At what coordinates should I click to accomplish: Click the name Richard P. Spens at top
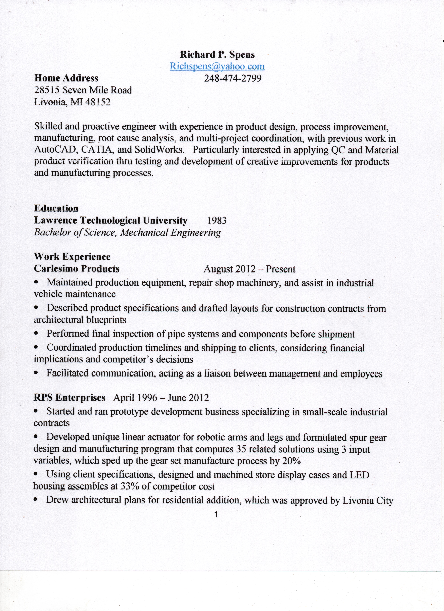click(x=217, y=55)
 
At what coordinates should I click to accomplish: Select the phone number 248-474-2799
click(x=233, y=78)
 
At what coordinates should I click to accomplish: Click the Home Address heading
click(x=66, y=78)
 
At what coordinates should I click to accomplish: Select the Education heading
click(x=56, y=208)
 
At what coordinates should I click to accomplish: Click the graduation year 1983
click(x=217, y=221)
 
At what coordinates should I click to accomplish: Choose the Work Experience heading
click(x=72, y=257)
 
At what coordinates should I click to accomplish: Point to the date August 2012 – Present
click(x=250, y=269)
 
